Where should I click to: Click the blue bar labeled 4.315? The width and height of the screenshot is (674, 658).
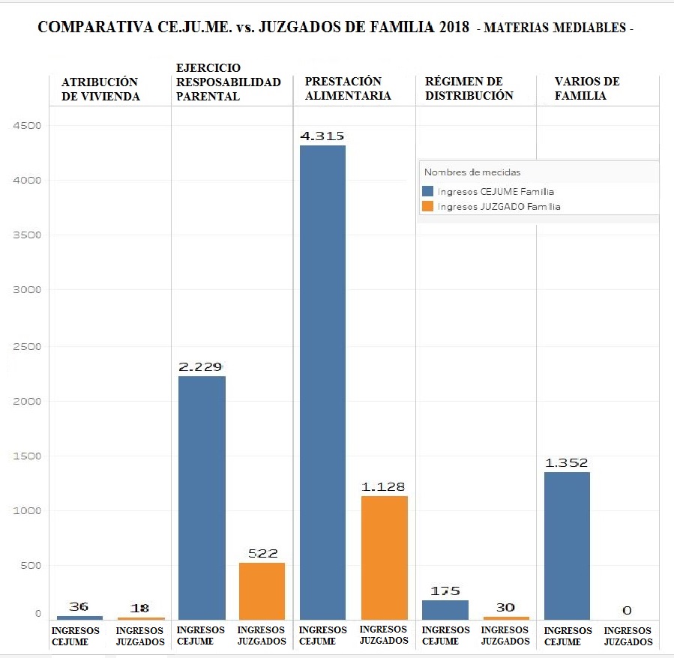coord(322,382)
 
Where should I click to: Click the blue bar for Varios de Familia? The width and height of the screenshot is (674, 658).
coord(567,546)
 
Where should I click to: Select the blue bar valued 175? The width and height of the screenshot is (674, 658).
coord(445,609)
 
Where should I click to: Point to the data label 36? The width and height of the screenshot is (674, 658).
coord(79,606)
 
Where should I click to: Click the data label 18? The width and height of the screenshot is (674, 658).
coord(139,609)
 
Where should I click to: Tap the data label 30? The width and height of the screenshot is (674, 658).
coord(505,608)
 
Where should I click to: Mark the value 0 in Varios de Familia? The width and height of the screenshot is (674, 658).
coord(627,611)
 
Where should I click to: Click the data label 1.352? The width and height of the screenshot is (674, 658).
coord(567,462)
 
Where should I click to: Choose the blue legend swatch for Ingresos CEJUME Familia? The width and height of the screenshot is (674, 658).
coord(428,191)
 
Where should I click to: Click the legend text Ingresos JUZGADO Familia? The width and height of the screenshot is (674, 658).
coord(499,206)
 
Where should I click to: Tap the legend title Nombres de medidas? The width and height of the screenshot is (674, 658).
coord(472,172)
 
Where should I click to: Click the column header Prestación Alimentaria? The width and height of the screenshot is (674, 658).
coord(348,88)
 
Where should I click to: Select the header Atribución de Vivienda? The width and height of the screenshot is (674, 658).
coord(100,88)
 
